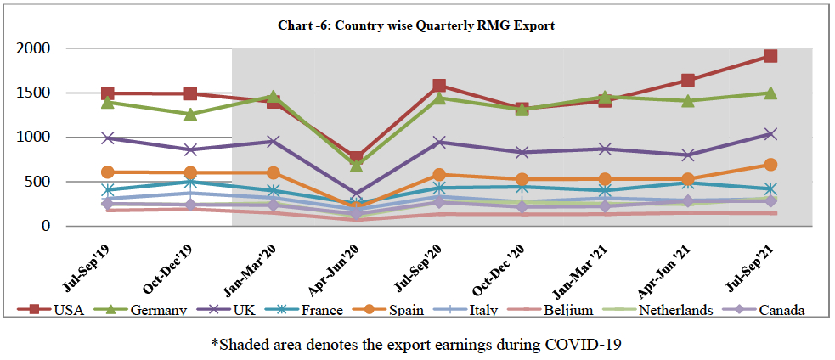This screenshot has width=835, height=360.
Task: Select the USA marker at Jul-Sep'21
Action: pyautogui.click(x=770, y=56)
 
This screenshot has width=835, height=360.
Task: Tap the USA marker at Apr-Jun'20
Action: pyautogui.click(x=357, y=158)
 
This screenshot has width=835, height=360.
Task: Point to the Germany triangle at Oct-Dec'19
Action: pyautogui.click(x=190, y=115)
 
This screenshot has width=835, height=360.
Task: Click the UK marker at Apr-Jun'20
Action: pyautogui.click(x=357, y=194)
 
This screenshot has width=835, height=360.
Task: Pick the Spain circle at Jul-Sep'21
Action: pyautogui.click(x=770, y=165)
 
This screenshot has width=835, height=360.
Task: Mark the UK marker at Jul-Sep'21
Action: pyautogui.click(x=770, y=134)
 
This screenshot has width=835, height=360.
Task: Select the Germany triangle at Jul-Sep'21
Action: pyautogui.click(x=770, y=93)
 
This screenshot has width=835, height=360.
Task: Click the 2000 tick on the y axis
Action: pyautogui.click(x=34, y=48)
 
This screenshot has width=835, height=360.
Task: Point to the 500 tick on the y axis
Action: pyautogui.click(x=38, y=182)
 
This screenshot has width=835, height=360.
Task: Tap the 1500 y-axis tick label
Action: pyautogui.click(x=34, y=93)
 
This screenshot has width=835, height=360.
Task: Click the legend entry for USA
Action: pyautogui.click(x=66, y=310)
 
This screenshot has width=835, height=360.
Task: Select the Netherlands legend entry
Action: pyautogui.click(x=675, y=310)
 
